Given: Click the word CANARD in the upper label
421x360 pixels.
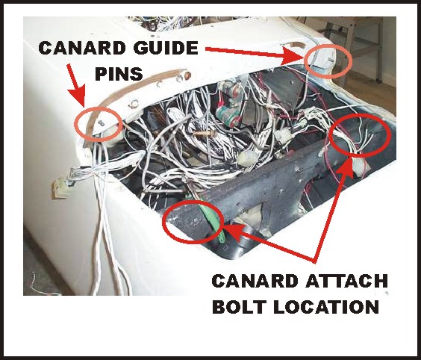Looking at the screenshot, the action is tap(82, 48).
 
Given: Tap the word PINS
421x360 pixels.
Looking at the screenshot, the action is tap(119, 74).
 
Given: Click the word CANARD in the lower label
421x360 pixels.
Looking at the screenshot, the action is tap(255, 282).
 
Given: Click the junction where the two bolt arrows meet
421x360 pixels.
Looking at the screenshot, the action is tap(315, 261).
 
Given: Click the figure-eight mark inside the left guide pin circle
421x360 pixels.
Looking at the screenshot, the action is tap(102, 122).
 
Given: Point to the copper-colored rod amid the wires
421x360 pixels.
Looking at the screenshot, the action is tap(202, 133).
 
